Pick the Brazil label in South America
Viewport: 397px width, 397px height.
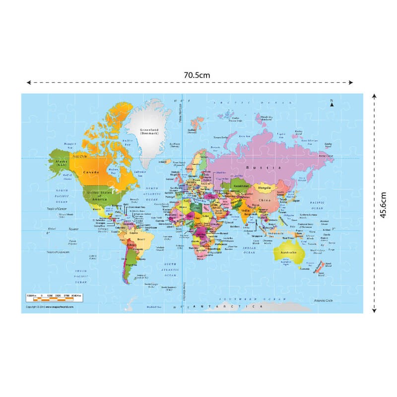pyautogui.click(x=140, y=241)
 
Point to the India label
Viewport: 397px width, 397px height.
pyautogui.click(x=245, y=211)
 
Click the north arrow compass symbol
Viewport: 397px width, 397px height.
pyautogui.click(x=331, y=104)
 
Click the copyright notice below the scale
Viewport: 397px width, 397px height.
pyautogui.click(x=48, y=308)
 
